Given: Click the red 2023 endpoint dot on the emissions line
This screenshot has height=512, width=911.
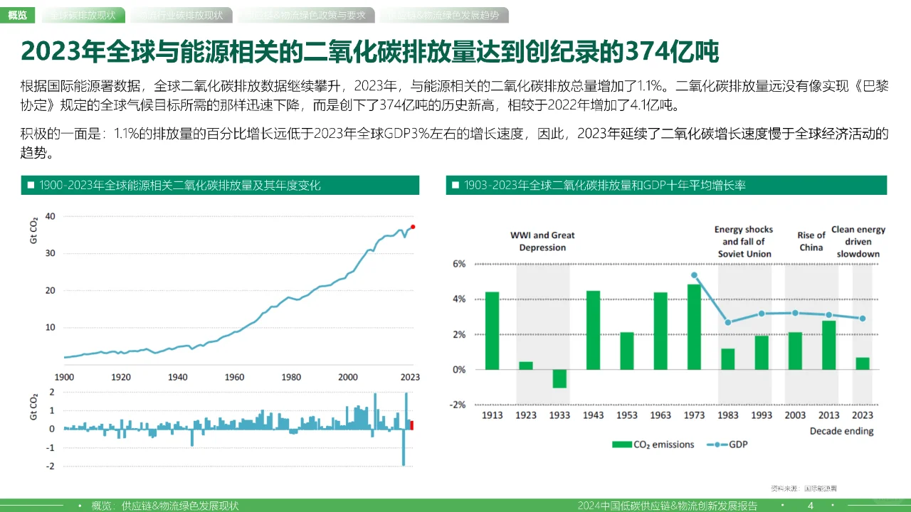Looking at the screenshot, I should pyautogui.click(x=413, y=227).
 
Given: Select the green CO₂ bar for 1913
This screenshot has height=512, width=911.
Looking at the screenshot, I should pyautogui.click(x=492, y=331).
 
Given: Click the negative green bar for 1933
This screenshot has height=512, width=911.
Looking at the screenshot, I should pyautogui.click(x=559, y=378).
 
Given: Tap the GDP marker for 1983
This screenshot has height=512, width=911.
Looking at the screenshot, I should pyautogui.click(x=727, y=322).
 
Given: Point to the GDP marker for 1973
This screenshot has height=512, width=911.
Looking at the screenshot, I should pyautogui.click(x=695, y=275).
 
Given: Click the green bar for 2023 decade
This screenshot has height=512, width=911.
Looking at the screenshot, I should pyautogui.click(x=863, y=363).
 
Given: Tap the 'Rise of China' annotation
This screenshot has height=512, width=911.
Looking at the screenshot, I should pyautogui.click(x=811, y=241).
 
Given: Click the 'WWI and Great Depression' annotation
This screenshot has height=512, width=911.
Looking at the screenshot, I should pyautogui.click(x=542, y=241).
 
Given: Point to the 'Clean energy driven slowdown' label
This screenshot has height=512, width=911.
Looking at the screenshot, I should pyautogui.click(x=858, y=241).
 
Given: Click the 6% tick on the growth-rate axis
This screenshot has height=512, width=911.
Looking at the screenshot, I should pyautogui.click(x=459, y=264).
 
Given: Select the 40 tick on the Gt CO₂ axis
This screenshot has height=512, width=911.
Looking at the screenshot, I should pyautogui.click(x=49, y=215).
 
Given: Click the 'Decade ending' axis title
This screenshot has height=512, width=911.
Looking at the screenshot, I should pyautogui.click(x=841, y=431).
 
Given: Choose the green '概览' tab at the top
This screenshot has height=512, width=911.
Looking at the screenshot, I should pyautogui.click(x=18, y=15).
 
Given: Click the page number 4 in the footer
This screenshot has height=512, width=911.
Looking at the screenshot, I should pyautogui.click(x=810, y=506).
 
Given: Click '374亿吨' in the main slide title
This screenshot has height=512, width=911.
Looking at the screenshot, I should pyautogui.click(x=669, y=51).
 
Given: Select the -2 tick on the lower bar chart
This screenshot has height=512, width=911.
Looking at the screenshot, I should pyautogui.click(x=51, y=466).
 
